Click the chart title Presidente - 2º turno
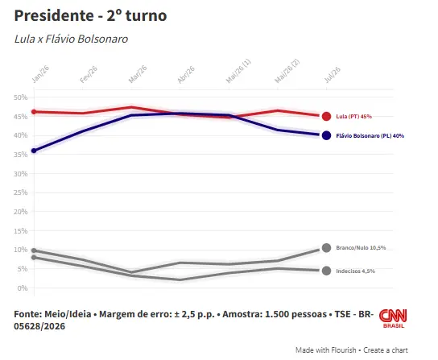click(x=90, y=15)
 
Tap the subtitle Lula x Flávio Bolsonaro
click(x=71, y=39)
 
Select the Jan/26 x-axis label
click(x=40, y=74)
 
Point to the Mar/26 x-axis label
click(x=138, y=74)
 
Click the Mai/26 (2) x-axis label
click(x=287, y=71)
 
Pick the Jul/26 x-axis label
click(x=333, y=75)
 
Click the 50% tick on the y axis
click(x=21, y=97)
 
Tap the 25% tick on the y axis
click(x=21, y=192)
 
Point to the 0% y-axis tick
click(x=23, y=288)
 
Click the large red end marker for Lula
click(x=326, y=116)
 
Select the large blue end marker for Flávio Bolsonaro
click(x=326, y=135)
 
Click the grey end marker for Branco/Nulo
click(x=326, y=248)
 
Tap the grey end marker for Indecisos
click(x=326, y=271)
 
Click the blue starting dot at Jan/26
click(x=34, y=151)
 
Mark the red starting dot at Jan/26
click(x=34, y=112)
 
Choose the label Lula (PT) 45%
click(x=354, y=117)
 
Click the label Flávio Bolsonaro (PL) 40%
click(x=370, y=136)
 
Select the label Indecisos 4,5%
click(x=356, y=271)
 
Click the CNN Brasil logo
click(x=393, y=318)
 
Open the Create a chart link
click(x=386, y=350)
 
